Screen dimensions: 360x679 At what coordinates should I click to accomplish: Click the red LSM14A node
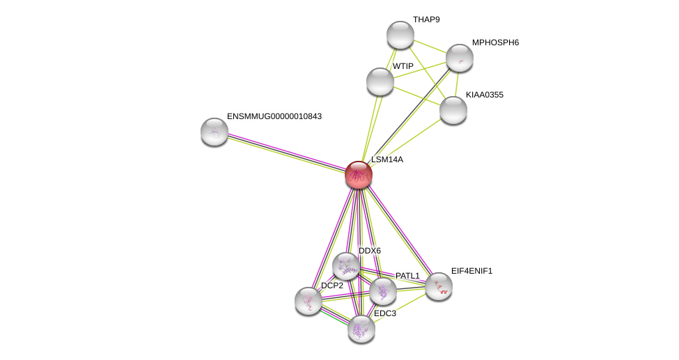point(359,175)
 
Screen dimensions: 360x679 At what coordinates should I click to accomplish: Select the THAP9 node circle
point(400,35)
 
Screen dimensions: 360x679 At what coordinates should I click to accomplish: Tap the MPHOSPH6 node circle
point(460,58)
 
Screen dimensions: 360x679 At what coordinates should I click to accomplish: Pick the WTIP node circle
point(380,81)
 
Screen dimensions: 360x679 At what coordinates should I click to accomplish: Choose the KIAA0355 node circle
point(453,110)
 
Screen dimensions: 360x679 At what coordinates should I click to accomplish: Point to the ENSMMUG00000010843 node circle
point(214,132)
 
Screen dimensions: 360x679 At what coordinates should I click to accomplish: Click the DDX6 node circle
point(346,266)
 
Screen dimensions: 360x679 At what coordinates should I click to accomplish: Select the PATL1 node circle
point(383,291)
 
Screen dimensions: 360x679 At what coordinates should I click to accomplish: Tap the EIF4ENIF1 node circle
point(439,286)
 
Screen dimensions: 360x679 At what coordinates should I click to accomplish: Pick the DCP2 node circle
point(309,301)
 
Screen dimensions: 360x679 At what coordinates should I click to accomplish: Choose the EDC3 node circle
point(361,329)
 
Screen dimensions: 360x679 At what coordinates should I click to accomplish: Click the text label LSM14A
point(387,159)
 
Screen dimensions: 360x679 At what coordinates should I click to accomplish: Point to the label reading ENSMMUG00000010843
point(274,116)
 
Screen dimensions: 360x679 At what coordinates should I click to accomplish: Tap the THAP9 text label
point(426,19)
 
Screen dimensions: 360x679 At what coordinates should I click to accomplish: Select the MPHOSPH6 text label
point(495,42)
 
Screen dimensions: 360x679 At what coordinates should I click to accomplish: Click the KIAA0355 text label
point(485,95)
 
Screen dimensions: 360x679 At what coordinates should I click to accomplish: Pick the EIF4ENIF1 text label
point(471,271)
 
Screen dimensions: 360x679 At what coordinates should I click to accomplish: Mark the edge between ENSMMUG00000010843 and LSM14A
point(286,152)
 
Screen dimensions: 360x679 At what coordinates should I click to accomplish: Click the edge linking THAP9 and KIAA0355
point(426,72)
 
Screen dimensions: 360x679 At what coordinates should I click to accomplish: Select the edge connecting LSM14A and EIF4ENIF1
point(399,230)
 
